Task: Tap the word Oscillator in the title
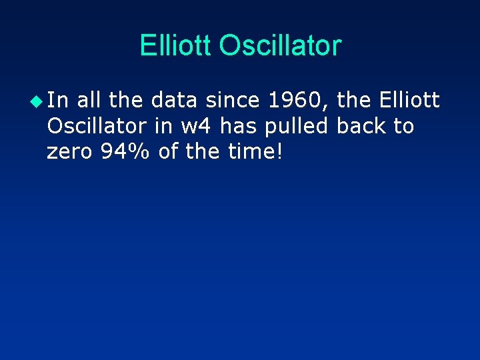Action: click(280, 45)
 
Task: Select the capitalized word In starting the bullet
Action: click(57, 101)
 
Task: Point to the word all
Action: click(90, 101)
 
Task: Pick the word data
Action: click(173, 101)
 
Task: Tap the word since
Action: click(231, 101)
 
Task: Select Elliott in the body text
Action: click(409, 101)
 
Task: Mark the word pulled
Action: click(297, 126)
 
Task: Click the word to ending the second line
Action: click(403, 126)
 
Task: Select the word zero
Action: click(69, 151)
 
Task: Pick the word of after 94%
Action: click(169, 151)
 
